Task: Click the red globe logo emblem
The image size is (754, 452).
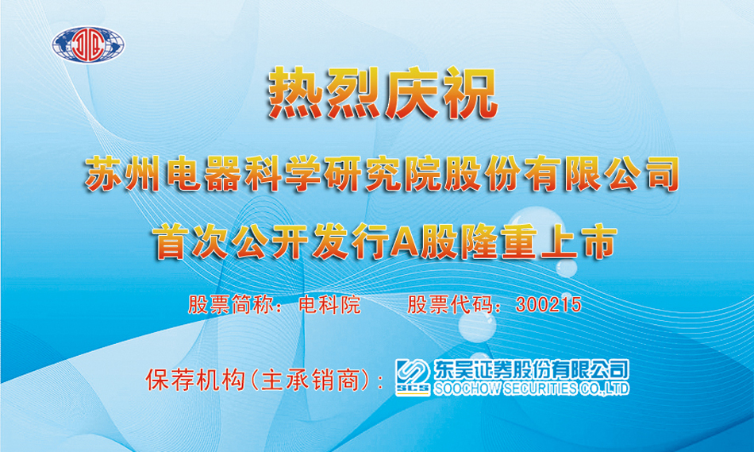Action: coord(88,44)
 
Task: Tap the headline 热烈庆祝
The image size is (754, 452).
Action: coord(383,93)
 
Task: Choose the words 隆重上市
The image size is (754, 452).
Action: coord(538,242)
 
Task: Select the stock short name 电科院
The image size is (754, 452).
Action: coord(329,305)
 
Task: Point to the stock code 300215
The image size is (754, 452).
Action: coord(548,305)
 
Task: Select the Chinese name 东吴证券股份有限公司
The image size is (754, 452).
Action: coord(531,369)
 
